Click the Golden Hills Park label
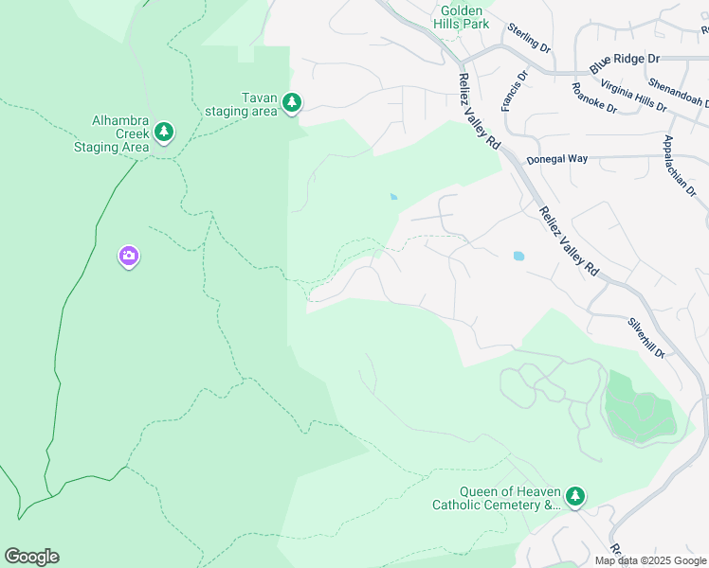coord(462,15)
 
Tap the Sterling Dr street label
coord(529,37)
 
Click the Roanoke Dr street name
coord(594,98)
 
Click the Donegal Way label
coord(557,159)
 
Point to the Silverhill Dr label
coord(645,337)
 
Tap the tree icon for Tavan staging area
coord(292,102)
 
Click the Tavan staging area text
coord(242,104)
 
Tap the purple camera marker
coord(129,256)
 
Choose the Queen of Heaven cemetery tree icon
coord(574,495)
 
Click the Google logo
coord(31,557)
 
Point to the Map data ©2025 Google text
coord(649,560)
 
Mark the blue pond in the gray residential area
coord(518,256)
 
